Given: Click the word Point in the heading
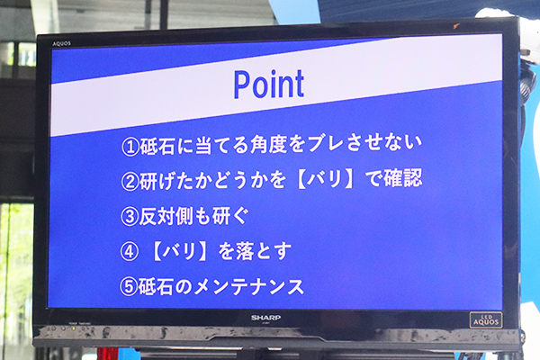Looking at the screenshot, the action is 268,84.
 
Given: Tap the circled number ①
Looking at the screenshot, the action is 130,147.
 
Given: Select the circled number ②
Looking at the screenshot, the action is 130,182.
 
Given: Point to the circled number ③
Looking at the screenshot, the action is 130,217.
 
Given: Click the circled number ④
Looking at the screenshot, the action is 129,252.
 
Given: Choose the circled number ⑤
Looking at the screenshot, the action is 129,287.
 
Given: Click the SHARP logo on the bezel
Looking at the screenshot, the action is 265,318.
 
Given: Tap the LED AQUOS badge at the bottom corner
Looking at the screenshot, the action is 486,320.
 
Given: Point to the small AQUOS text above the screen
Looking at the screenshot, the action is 61,44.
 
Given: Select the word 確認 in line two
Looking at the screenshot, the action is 403,178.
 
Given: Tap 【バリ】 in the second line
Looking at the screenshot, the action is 325,179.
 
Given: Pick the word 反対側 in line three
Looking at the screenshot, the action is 166,217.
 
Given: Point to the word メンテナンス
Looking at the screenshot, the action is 248,286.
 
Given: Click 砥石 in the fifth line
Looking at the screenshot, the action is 156,286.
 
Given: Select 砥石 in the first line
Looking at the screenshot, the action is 157,146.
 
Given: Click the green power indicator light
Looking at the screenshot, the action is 74,329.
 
